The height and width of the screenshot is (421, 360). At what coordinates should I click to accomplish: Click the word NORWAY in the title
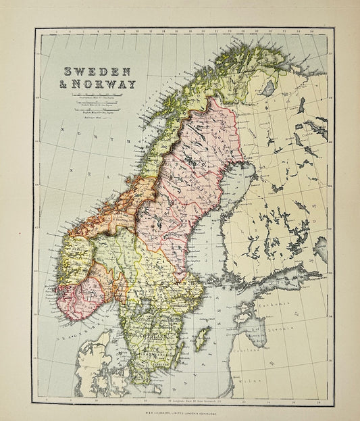[108, 84]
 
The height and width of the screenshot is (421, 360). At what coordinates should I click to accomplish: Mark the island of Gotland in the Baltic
[201, 339]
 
